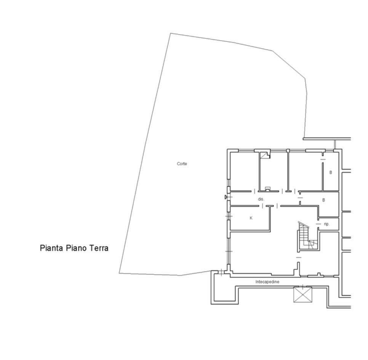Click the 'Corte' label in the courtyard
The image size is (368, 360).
(182, 164)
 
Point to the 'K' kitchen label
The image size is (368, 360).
(251, 218)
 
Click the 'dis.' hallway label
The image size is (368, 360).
(261, 199)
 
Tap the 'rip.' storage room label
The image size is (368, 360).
(327, 224)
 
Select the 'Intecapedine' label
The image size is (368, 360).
(267, 281)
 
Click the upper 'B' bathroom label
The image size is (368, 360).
(331, 172)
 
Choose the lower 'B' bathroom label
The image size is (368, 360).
(324, 200)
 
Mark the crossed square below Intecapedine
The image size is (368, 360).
(303, 295)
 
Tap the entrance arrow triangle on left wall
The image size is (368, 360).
(226, 197)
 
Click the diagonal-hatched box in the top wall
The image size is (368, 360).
(265, 155)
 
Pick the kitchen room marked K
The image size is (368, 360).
(250, 218)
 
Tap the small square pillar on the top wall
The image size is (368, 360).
(288, 150)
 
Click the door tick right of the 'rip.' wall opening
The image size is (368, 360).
(318, 224)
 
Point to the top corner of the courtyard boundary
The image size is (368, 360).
(170, 33)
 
